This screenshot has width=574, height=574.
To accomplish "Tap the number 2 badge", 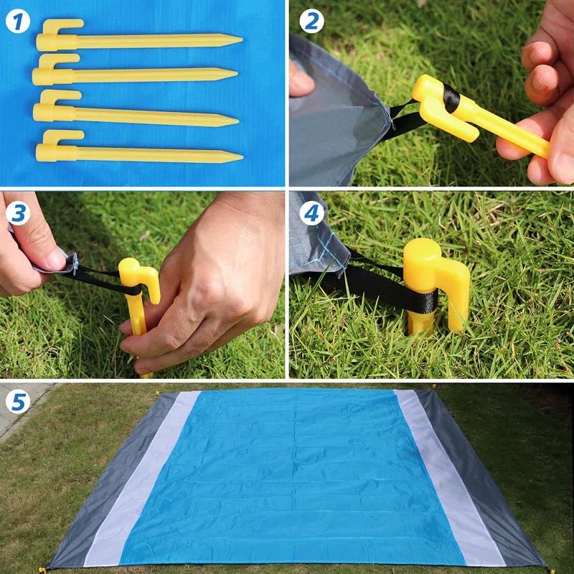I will pyautogui.click(x=310, y=21).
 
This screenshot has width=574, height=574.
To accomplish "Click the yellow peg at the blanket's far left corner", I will pyautogui.click(x=159, y=395).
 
